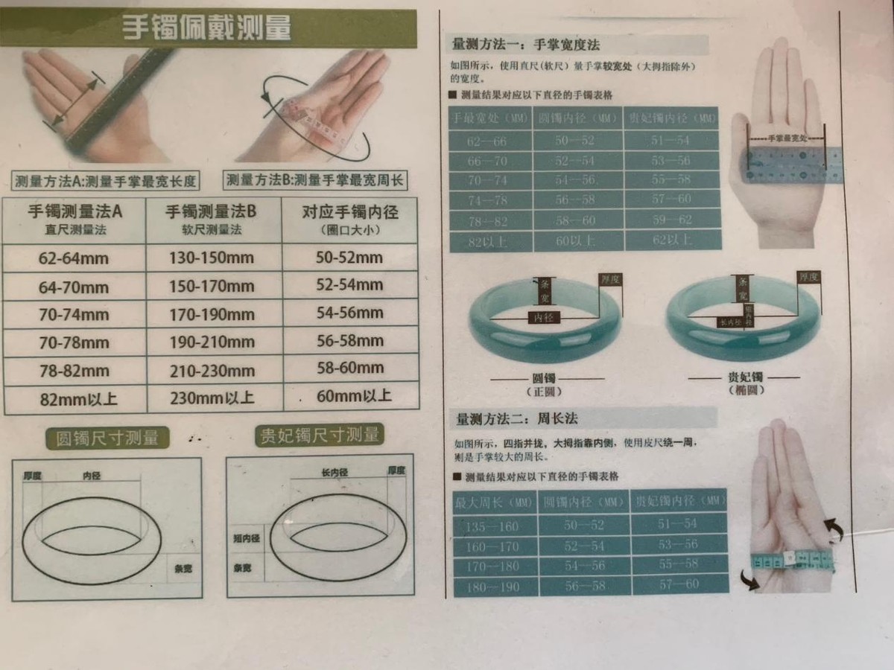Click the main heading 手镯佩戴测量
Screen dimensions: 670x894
(x=206, y=28)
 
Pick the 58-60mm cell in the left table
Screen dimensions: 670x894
(x=349, y=368)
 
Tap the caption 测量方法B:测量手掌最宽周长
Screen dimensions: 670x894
(x=316, y=180)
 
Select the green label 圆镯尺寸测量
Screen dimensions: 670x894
(x=107, y=438)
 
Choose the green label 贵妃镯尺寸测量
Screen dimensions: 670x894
(x=318, y=436)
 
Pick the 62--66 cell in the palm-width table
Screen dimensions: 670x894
(x=489, y=141)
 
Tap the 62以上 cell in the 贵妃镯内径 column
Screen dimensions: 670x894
(x=670, y=240)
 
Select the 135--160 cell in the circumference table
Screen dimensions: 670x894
(x=492, y=526)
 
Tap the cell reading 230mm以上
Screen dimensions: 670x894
(x=212, y=398)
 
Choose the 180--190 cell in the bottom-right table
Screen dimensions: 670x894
(x=492, y=586)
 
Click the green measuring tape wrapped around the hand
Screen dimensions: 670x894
(x=790, y=560)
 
